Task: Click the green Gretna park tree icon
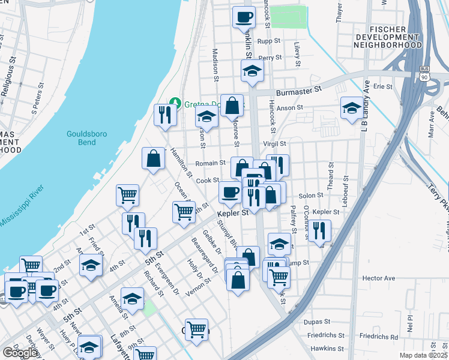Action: click(x=175, y=101)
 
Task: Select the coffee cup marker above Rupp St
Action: click(x=244, y=17)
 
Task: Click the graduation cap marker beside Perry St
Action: click(x=252, y=71)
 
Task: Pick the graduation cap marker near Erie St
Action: click(x=352, y=108)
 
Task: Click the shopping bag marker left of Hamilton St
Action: click(x=154, y=158)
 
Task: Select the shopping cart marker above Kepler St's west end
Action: click(x=184, y=211)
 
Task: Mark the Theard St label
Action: click(x=331, y=179)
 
